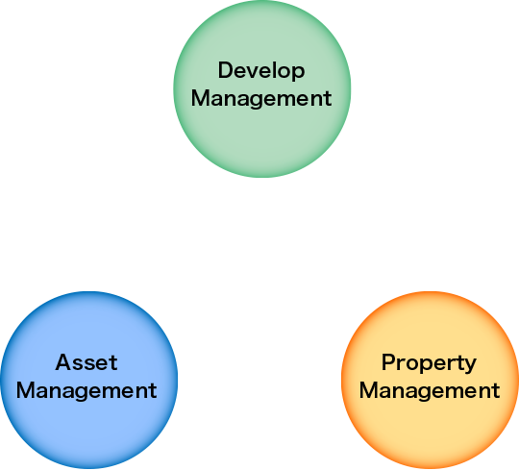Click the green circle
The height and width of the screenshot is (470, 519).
[x=262, y=88]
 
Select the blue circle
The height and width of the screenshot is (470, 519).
[x=88, y=380]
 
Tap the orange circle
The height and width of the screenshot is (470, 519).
[x=430, y=380]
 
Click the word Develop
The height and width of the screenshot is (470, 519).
[x=261, y=70]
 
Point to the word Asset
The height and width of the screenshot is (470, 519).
[x=86, y=362]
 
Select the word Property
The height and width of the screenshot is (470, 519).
[x=429, y=363]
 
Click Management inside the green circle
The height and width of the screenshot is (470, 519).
[x=261, y=99]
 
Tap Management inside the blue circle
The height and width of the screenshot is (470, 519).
[x=86, y=391]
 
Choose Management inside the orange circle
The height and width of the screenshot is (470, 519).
[x=430, y=391]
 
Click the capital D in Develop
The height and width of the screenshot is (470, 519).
[x=226, y=70]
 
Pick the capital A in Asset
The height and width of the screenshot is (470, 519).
[x=63, y=362]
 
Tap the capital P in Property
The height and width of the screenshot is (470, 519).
[x=388, y=362]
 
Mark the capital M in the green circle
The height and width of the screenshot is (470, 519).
[x=200, y=98]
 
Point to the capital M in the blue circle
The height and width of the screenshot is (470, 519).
[x=26, y=390]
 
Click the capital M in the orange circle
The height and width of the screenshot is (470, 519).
[x=369, y=390]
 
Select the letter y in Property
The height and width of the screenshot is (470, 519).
[x=470, y=366]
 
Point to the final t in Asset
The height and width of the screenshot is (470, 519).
[x=113, y=363]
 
